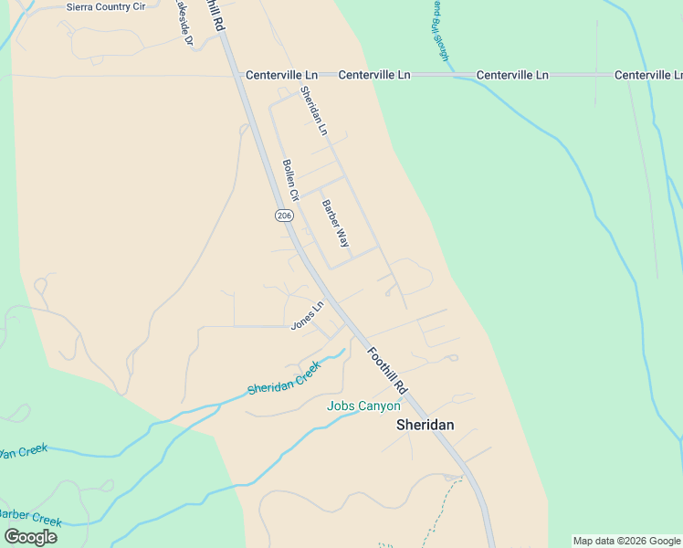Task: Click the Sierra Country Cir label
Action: pos(106,6)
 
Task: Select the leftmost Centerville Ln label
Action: pos(281,75)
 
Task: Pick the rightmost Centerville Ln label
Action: pos(649,75)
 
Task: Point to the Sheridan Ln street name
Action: pos(313,111)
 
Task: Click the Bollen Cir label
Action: pos(290,180)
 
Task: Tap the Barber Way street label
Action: pos(335,224)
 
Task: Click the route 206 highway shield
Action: pos(283,215)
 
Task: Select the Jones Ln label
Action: pos(307,316)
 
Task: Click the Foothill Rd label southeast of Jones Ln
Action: pos(387,369)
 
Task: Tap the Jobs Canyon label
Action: pos(363,406)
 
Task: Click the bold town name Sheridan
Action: pos(425,425)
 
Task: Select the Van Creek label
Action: pos(22,452)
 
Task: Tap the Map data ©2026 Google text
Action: pos(626,541)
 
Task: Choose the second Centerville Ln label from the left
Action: pos(373,75)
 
